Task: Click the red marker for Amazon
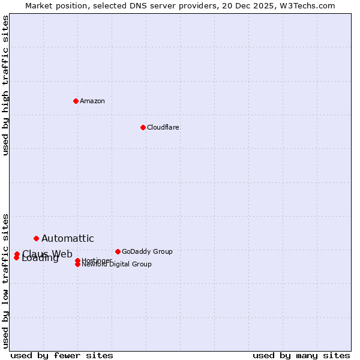point(76,101)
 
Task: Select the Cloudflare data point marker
point(143,127)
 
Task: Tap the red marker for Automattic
point(36,239)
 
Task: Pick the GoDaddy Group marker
point(118,251)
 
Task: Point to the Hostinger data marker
point(77,260)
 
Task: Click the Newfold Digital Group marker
point(77,265)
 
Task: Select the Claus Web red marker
point(17,254)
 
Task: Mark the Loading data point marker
point(16,258)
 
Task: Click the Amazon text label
point(92,101)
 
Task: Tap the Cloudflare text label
point(163,127)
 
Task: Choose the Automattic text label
point(68,239)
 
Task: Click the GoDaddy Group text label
point(147,251)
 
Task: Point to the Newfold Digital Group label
point(116,265)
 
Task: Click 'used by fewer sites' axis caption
point(62,356)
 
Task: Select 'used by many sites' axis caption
point(301,356)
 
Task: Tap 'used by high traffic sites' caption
point(6,85)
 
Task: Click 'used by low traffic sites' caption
point(6,280)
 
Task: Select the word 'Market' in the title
point(38,5)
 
